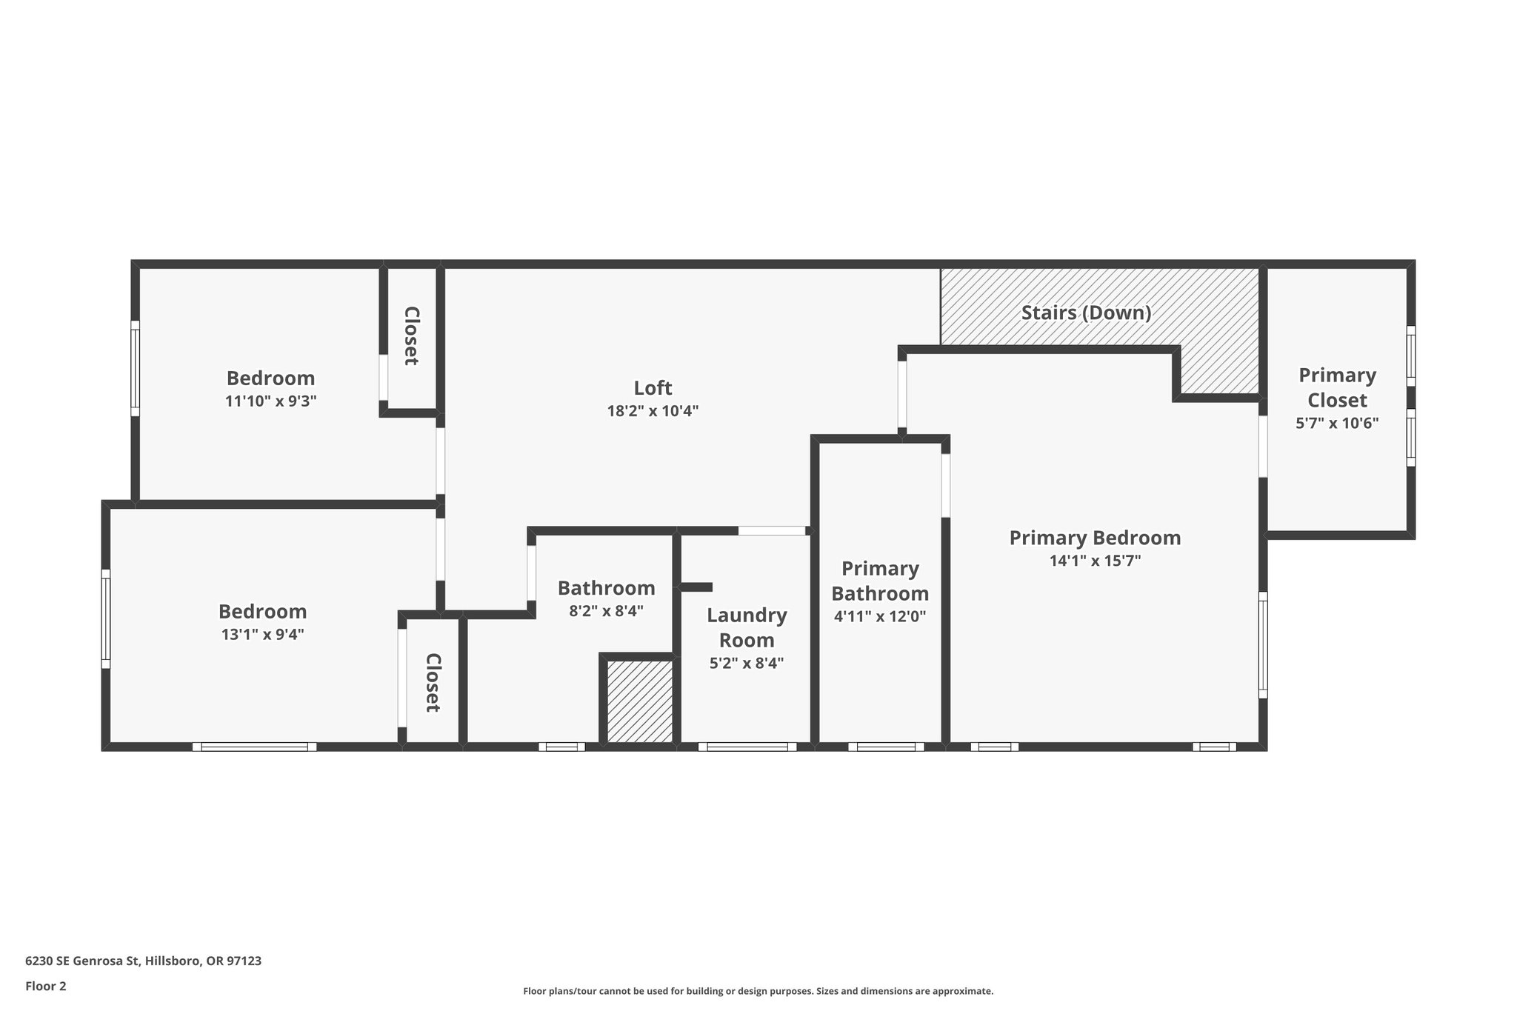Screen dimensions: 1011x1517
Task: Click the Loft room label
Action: click(x=653, y=388)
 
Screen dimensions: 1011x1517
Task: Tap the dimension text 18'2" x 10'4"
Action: click(x=653, y=411)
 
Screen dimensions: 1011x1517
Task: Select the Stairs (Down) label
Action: click(x=1086, y=313)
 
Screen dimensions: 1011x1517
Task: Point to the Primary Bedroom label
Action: click(x=1095, y=538)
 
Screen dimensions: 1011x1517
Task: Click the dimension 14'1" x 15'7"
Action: click(x=1095, y=561)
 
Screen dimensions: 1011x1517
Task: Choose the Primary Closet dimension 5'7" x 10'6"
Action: click(x=1336, y=424)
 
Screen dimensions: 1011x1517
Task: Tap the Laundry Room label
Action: click(x=747, y=627)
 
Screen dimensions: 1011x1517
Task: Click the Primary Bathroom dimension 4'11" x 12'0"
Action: click(x=880, y=616)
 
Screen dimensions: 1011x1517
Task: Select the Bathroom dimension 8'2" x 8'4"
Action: click(x=606, y=611)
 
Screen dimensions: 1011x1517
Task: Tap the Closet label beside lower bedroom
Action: click(x=433, y=682)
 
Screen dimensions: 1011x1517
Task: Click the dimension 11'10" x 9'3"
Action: click(x=270, y=401)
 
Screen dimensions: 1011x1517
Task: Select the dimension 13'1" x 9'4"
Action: click(x=262, y=635)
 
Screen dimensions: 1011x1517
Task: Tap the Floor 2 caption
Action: click(x=46, y=986)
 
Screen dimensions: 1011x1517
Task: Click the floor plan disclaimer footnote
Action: click(x=758, y=991)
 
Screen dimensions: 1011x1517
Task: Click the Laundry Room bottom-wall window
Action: click(x=747, y=747)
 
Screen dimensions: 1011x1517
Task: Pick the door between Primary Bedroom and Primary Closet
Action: click(x=1263, y=446)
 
